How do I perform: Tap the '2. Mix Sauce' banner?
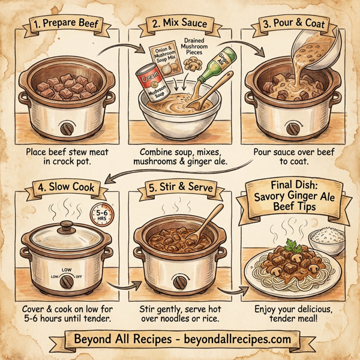pyautogui.click(x=178, y=25)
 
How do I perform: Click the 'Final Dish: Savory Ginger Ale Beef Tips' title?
pyautogui.click(x=298, y=196)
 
